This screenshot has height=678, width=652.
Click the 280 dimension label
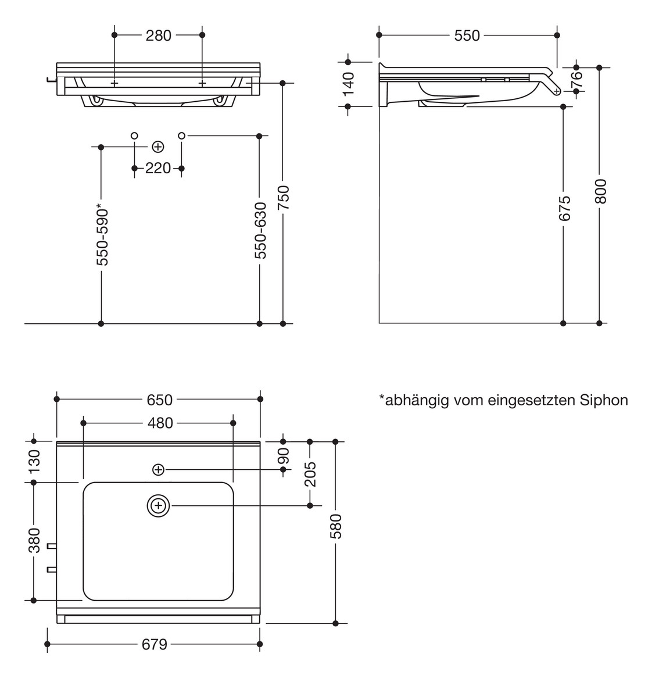[158, 35]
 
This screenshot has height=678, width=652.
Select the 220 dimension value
[158, 169]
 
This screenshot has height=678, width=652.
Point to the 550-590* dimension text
[102, 234]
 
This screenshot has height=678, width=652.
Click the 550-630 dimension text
[260, 230]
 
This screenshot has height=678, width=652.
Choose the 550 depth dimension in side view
[467, 35]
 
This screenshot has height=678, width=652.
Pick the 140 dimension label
[348, 84]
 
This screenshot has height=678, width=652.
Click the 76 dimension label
[576, 80]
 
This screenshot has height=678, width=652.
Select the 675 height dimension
[564, 208]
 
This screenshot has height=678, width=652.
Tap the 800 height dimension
[600, 191]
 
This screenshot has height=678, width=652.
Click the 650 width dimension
[159, 399]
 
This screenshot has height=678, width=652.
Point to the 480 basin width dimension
[159, 423]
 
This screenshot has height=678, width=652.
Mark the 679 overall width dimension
[155, 644]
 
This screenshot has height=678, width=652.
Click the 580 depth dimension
[336, 526]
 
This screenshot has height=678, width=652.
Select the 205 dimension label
[310, 473]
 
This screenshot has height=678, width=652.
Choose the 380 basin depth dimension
[34, 540]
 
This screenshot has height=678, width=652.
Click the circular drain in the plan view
[158, 506]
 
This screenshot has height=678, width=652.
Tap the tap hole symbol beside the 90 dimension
[158, 469]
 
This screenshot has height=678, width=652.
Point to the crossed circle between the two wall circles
[157, 147]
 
